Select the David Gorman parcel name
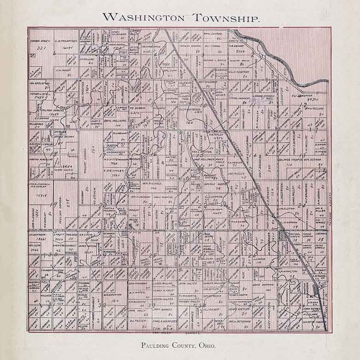tap(263, 285)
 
